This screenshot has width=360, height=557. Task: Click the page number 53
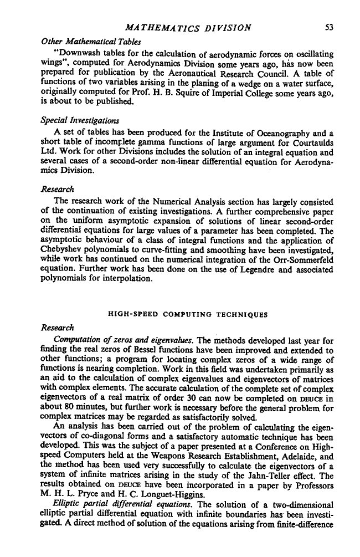click(x=327, y=10)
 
